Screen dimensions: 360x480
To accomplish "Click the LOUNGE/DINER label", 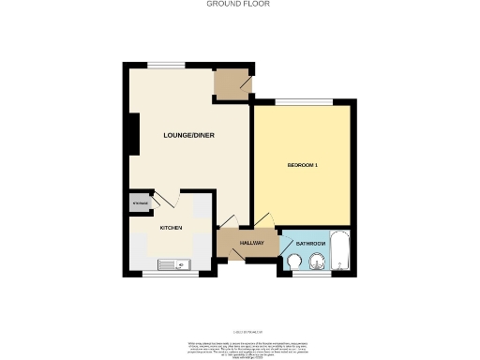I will [189, 136].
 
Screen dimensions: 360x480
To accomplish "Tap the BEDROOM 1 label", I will [303, 166].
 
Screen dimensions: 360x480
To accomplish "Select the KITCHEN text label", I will [170, 228].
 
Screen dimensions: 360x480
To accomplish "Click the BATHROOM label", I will [310, 244].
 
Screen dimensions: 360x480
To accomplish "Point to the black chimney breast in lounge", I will [134, 133].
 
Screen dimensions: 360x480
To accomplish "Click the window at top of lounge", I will [171, 64].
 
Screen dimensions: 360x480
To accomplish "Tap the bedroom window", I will [304, 100].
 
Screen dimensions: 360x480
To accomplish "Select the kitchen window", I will [170, 276].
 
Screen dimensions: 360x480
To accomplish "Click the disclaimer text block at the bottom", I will [240, 347].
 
